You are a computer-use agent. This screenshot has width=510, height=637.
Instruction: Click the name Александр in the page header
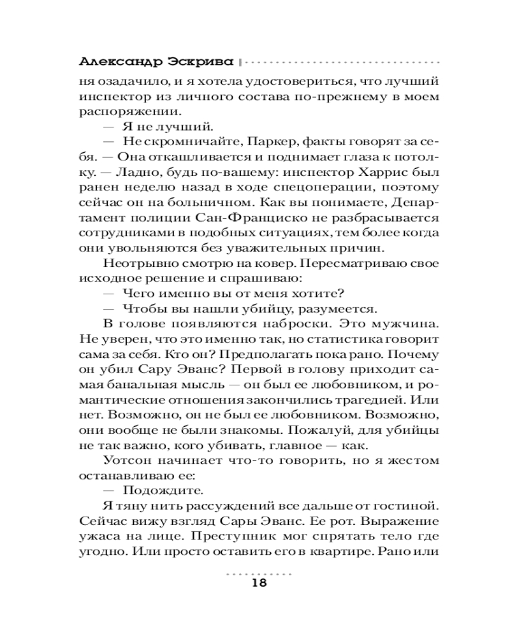click(x=111, y=64)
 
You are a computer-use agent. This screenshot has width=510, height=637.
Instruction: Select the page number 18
click(x=258, y=583)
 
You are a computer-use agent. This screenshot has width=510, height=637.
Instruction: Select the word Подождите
click(x=152, y=490)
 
